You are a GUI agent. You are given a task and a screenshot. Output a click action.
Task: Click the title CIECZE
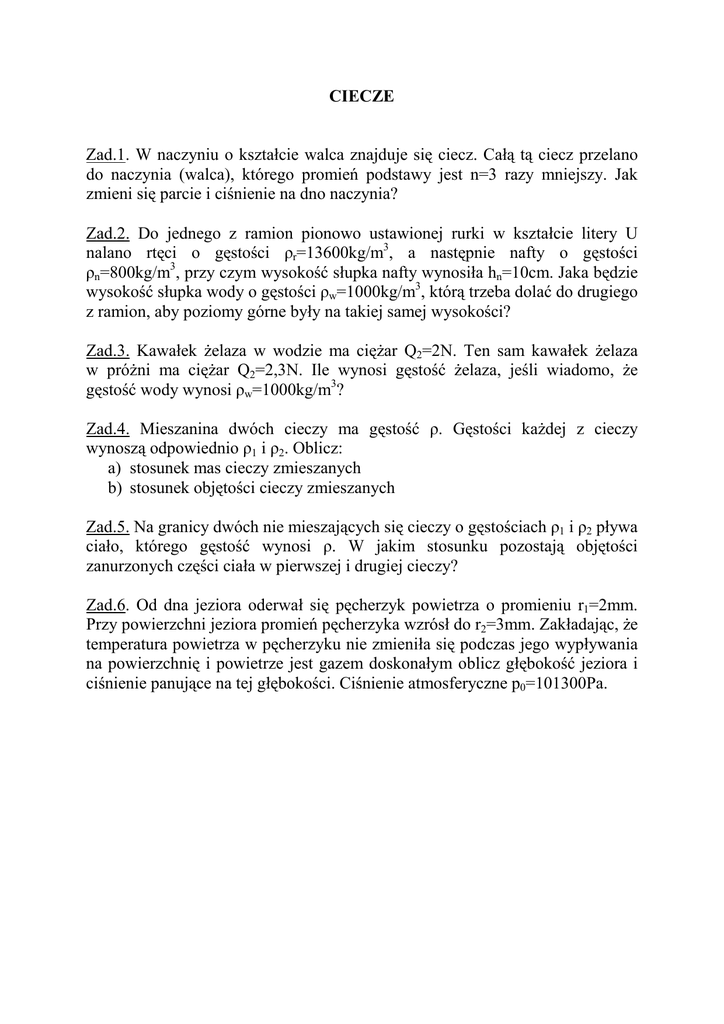tap(362, 97)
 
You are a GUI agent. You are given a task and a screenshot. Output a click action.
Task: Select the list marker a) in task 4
tap(114, 468)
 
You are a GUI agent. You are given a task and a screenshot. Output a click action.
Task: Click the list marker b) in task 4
tap(114, 488)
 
